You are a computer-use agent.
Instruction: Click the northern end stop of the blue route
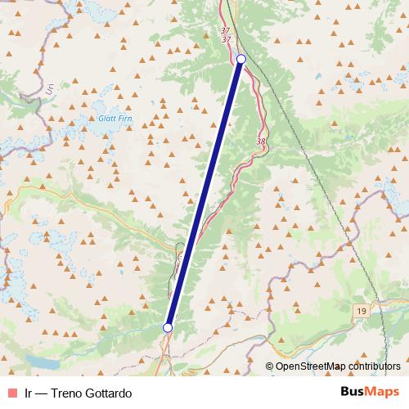coord(241,59)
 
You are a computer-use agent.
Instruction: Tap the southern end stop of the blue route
coord(168,327)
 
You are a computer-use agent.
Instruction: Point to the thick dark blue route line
coord(204,193)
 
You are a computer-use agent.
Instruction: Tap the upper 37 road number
coord(226,30)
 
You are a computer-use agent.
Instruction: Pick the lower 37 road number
coord(227,38)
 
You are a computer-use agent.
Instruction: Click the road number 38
coord(261,142)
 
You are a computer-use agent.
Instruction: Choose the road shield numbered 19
coord(361,311)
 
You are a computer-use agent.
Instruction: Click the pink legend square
coord(11,393)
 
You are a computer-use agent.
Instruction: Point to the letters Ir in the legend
coord(29,393)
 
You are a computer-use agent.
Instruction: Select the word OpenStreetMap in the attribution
coord(310,366)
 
